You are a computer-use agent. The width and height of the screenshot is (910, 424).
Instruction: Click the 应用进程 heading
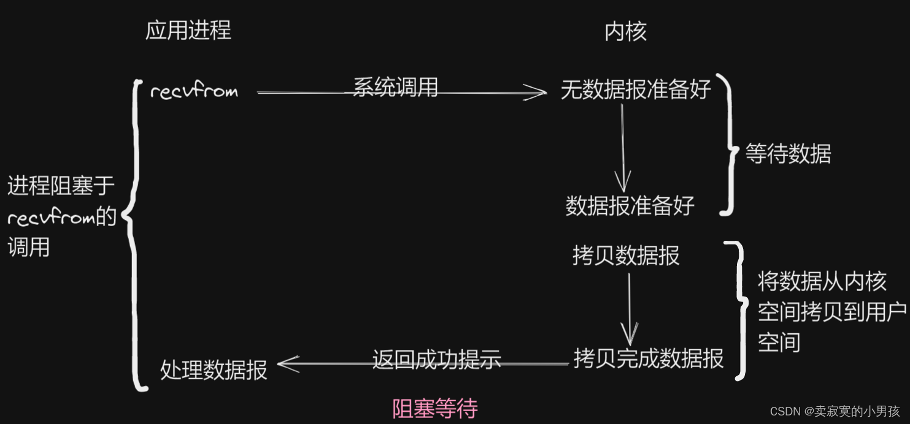click(x=188, y=30)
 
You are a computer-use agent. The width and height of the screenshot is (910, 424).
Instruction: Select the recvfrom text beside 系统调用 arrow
click(x=194, y=92)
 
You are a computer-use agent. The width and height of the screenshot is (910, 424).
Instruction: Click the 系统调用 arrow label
click(x=395, y=88)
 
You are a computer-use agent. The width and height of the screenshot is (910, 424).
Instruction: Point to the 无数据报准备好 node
click(x=636, y=89)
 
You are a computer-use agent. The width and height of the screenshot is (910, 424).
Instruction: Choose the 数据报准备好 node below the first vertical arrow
click(x=630, y=205)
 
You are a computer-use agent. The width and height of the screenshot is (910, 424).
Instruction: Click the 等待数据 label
click(x=788, y=153)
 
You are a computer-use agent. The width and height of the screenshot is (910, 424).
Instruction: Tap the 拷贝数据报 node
click(x=626, y=256)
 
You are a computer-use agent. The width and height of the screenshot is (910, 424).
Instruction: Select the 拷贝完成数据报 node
click(x=649, y=358)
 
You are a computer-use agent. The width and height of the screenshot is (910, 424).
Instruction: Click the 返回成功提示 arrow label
click(x=436, y=358)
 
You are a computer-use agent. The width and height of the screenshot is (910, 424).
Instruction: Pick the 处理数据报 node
click(x=214, y=370)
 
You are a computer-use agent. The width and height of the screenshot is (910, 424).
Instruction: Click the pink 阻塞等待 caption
click(x=434, y=409)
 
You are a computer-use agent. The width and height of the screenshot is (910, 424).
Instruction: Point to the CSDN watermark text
click(x=835, y=411)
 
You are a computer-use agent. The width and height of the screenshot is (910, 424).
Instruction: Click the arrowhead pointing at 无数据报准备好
click(x=537, y=93)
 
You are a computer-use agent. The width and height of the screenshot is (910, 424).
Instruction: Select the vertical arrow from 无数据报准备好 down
click(x=623, y=147)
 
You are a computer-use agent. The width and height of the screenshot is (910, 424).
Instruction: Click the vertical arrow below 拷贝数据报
click(x=629, y=309)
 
